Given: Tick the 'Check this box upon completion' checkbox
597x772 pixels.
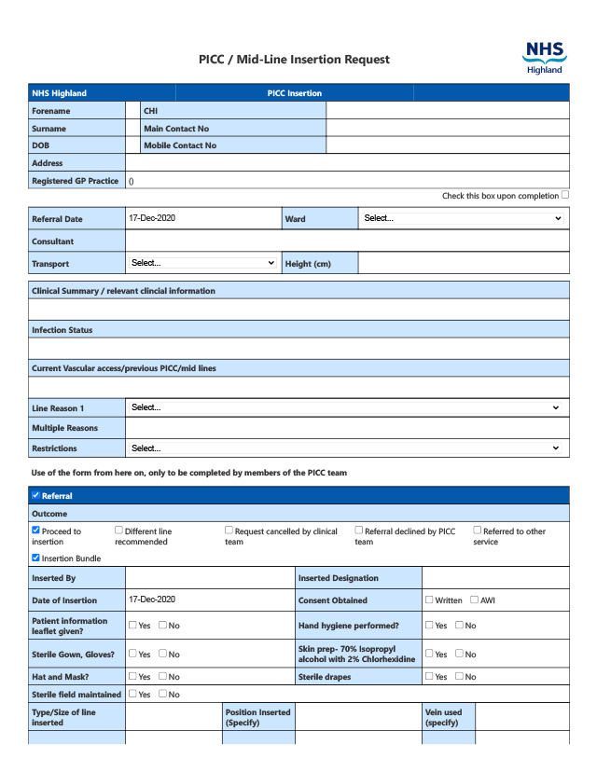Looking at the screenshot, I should coord(565,195).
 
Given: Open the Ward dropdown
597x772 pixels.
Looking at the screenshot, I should coord(463,218).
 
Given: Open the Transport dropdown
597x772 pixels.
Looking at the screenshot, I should coord(202,263).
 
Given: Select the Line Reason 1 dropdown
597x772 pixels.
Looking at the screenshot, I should coord(346,407).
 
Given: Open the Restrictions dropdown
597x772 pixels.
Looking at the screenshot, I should coord(346,448).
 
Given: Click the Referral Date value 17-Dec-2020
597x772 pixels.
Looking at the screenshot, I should coord(152,218).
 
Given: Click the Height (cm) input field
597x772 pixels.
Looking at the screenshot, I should coord(463,263).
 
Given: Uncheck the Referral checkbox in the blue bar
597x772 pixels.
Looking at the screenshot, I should coord(35,495).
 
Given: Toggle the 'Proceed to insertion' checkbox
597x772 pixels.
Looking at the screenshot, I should coord(35,531).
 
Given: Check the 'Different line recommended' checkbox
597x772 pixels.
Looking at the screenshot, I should coord(118,531).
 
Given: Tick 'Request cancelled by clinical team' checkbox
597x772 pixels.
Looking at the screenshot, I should coord(229,531).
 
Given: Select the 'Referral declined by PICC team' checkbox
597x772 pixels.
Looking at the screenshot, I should coord(358,531).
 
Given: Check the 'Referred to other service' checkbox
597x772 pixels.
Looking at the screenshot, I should coord(477,531).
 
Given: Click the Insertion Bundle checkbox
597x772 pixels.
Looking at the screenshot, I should coord(35,558).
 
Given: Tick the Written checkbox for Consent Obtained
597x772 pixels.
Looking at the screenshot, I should coord(429,600).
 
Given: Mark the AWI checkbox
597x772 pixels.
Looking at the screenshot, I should coord(474,600).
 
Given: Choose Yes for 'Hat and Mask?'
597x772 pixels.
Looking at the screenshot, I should coord(132,676).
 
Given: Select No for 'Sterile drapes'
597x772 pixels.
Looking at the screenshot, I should coord(459,676).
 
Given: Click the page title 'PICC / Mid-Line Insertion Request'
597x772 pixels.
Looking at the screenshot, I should coord(294,59).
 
